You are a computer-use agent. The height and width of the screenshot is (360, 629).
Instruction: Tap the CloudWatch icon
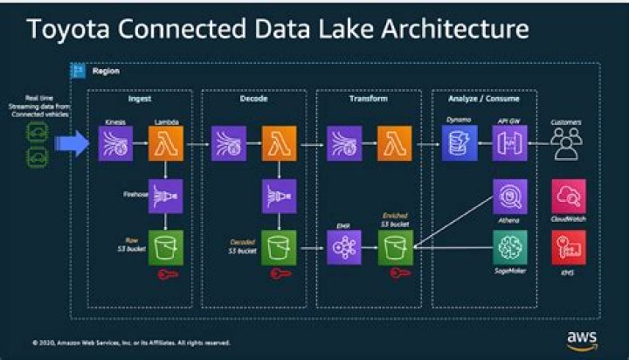pos(568,197)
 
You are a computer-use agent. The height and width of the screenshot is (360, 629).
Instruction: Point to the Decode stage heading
pos(254,99)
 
